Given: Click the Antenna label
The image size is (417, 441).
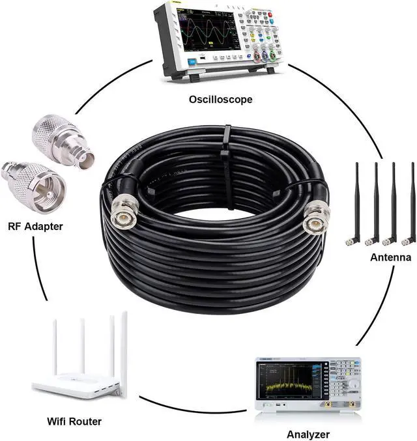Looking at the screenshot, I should (390, 257).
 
